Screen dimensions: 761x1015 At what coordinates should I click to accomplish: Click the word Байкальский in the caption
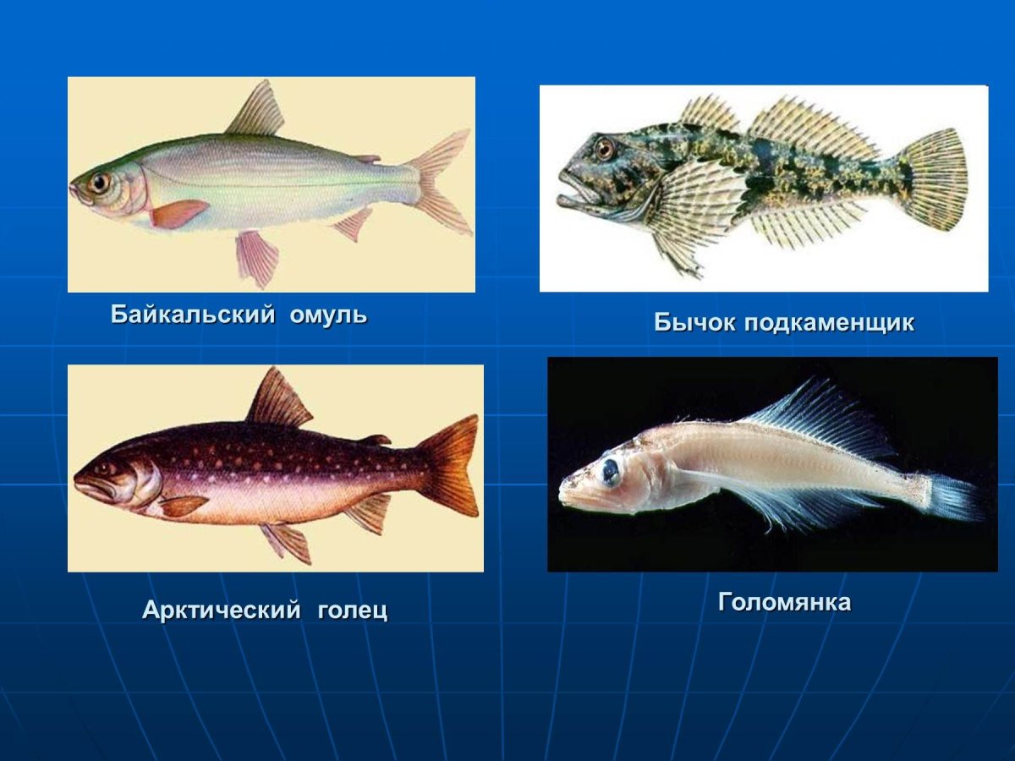193,315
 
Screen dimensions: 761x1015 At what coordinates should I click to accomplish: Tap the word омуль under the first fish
328,315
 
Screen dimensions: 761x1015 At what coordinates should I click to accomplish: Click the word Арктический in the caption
221,610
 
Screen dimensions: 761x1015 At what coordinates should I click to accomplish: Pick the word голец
352,610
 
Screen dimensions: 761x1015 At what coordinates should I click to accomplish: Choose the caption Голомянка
784,602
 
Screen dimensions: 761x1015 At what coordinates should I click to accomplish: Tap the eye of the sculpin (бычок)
604,149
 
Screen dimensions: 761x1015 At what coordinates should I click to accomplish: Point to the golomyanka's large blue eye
609,471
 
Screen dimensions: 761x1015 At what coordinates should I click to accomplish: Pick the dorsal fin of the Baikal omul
256,111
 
